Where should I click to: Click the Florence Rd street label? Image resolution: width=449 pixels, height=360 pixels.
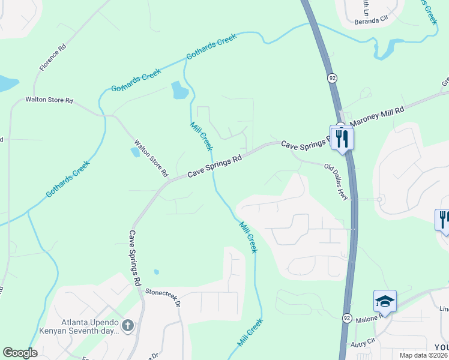(53, 57)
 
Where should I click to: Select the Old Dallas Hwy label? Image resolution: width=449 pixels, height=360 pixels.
(337, 182)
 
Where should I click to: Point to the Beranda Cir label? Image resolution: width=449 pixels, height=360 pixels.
(371, 20)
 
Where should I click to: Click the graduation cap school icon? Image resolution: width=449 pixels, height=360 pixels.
(385, 301)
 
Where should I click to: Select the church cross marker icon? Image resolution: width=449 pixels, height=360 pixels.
(127, 326)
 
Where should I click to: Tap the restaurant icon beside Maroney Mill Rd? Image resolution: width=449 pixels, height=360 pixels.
(342, 139)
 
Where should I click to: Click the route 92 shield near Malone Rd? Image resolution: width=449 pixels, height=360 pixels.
(347, 317)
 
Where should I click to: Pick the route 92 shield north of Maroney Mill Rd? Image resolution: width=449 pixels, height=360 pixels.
(332, 78)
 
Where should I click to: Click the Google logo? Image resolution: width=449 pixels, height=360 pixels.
(20, 353)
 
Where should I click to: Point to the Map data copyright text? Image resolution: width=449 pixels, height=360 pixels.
(423, 355)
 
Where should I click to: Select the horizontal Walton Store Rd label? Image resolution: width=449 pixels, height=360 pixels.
(49, 100)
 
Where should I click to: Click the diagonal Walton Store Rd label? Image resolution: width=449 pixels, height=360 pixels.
(151, 158)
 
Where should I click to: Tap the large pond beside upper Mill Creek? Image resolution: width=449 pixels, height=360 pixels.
(179, 91)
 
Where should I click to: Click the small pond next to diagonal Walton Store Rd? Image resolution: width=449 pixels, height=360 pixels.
(136, 152)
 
